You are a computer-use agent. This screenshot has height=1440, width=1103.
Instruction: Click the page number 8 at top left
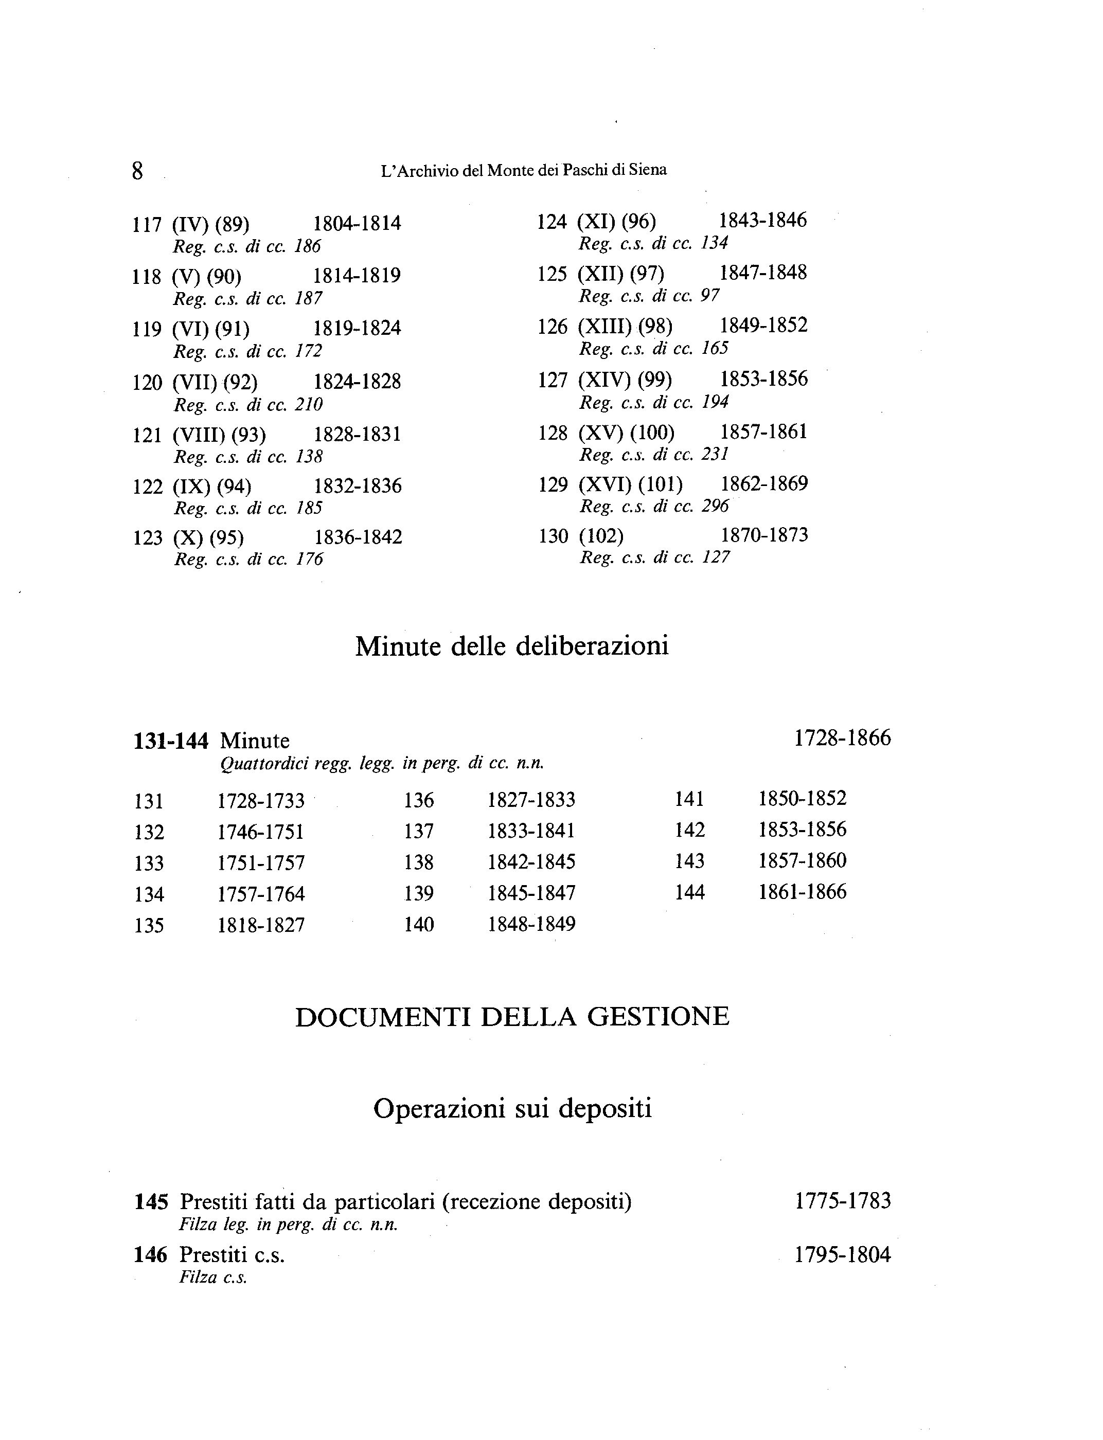[x=137, y=171]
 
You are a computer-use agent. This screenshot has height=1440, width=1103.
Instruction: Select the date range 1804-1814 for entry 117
[x=357, y=224]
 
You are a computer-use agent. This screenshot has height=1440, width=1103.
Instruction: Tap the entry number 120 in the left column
[x=147, y=383]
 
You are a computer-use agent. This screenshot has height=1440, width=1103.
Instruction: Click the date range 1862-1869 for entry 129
[x=764, y=484]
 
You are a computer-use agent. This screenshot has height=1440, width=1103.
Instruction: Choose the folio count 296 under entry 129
[x=715, y=506]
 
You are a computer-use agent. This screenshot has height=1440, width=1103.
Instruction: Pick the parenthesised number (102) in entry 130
[x=601, y=536]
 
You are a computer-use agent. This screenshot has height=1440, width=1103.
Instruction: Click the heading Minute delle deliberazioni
[x=511, y=646]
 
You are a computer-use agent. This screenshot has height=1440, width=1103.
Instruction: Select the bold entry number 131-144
[x=171, y=741]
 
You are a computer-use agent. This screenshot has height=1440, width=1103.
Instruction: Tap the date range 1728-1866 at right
[x=842, y=739]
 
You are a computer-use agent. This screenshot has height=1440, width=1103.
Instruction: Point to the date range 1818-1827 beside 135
[x=261, y=925]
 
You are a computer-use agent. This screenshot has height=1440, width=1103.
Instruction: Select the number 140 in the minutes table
[x=419, y=925]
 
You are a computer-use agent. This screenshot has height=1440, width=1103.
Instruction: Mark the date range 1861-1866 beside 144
[x=803, y=892]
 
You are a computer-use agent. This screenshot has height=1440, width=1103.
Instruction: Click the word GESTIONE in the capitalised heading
[x=658, y=1017]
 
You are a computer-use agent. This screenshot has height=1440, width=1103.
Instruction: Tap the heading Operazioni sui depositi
[x=512, y=1109]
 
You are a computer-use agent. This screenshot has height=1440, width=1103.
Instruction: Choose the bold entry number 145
[x=151, y=1202]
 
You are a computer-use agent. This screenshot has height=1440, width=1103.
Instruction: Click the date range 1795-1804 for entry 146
[x=842, y=1255]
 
